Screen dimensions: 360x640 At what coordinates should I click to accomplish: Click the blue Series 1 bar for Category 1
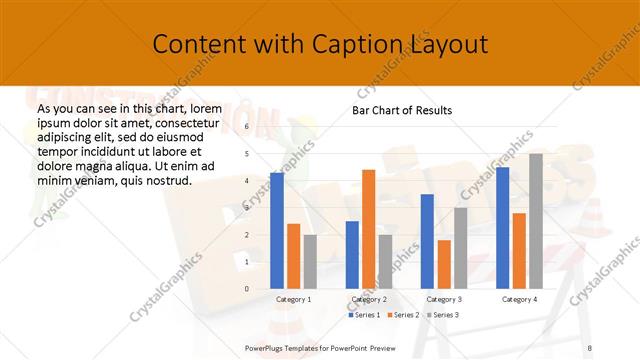(x=277, y=230)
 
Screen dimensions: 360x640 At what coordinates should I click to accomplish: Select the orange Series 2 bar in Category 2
(x=368, y=229)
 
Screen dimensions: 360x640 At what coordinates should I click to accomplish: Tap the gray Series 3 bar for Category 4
(x=535, y=221)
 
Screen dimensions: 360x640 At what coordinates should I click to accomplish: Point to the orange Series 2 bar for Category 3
(x=444, y=264)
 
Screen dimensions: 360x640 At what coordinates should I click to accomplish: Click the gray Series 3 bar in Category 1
(x=309, y=261)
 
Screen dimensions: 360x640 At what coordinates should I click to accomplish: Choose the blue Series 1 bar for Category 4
(x=503, y=228)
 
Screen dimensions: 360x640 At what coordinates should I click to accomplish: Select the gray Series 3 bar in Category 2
(x=385, y=261)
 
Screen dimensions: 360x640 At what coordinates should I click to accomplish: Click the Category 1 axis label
(x=293, y=299)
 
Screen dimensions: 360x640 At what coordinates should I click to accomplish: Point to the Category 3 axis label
(x=444, y=299)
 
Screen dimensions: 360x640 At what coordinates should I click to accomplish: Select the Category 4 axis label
(x=519, y=299)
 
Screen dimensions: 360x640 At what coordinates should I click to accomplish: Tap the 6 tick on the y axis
(x=246, y=128)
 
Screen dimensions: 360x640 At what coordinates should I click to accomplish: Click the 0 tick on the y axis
(x=246, y=289)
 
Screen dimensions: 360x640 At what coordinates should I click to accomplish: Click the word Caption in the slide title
(x=326, y=44)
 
